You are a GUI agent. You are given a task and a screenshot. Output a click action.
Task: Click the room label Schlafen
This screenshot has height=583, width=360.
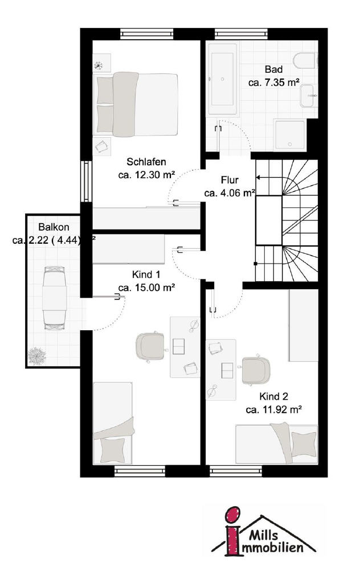[146, 162]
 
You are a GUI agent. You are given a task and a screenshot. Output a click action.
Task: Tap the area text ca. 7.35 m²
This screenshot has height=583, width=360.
[274, 82]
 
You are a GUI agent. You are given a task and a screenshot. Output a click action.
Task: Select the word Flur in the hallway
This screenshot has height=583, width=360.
[230, 180]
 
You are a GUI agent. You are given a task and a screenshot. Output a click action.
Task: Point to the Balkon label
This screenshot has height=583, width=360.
[54, 227]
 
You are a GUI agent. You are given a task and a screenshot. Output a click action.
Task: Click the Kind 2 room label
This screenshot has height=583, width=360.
[274, 396]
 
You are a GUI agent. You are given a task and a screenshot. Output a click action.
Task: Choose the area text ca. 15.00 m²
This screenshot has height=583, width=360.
[146, 288]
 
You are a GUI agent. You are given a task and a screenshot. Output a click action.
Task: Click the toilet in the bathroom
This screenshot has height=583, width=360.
[305, 60]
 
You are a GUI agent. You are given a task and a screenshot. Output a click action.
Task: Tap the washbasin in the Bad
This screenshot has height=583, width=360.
[309, 96]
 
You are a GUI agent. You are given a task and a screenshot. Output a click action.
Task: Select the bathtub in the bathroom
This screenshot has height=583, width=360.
[223, 80]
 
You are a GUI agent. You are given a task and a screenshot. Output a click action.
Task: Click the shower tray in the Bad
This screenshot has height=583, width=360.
[289, 134]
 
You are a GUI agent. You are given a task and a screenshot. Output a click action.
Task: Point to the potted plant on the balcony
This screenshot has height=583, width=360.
[37, 356]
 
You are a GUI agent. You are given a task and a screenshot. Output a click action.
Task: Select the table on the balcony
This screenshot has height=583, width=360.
[54, 297]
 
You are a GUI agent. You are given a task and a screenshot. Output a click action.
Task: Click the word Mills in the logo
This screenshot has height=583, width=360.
[263, 535]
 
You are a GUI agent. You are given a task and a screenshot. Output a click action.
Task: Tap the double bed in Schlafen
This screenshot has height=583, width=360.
[137, 105]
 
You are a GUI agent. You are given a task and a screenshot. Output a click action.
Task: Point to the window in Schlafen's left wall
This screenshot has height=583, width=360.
[86, 182]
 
